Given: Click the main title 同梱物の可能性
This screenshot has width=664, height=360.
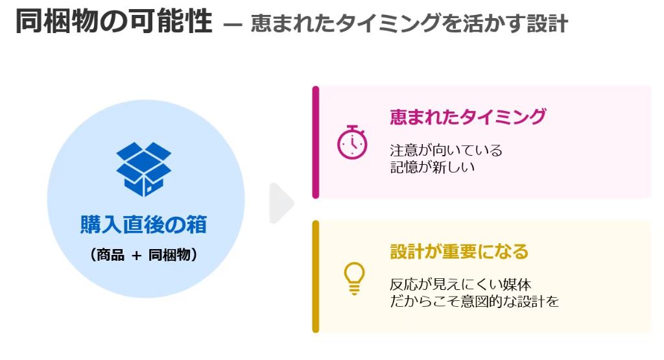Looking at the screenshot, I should pyautogui.click(x=113, y=22).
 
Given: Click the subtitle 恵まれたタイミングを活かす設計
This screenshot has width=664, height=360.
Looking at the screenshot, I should pyautogui.click(x=409, y=24).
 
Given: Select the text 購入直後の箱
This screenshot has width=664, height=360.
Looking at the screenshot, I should pyautogui.click(x=143, y=224).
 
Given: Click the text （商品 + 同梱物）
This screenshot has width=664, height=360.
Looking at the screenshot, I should pyautogui.click(x=143, y=255).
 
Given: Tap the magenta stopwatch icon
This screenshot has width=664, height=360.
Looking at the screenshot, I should pyautogui.click(x=352, y=142).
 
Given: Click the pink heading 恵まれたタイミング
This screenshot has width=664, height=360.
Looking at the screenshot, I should pyautogui.click(x=468, y=117).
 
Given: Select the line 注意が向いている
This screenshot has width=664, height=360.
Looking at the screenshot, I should pyautogui.click(x=446, y=150).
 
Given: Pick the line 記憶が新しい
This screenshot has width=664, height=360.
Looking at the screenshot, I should pyautogui.click(x=433, y=167).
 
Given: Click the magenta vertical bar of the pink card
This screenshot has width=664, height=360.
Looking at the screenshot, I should pyautogui.click(x=316, y=142).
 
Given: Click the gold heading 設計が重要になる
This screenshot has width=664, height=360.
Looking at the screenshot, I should pyautogui.click(x=459, y=251).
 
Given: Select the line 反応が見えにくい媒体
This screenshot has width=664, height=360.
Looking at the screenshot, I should pyautogui.click(x=461, y=285).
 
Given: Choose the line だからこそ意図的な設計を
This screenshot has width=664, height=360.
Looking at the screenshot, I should pyautogui.click(x=474, y=302).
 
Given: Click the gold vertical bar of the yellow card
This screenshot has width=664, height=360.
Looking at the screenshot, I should pyautogui.click(x=316, y=276).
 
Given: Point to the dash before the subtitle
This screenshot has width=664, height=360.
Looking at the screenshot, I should pyautogui.click(x=232, y=26).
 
